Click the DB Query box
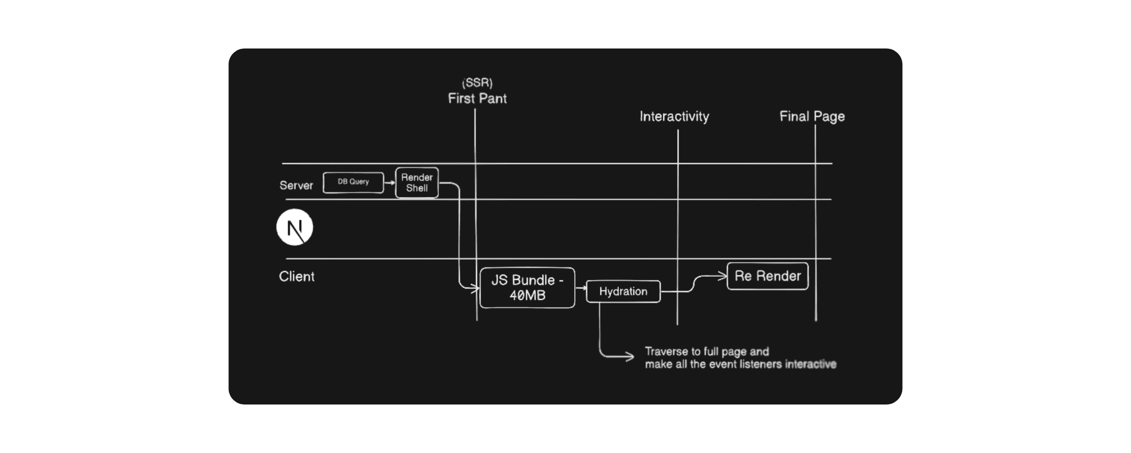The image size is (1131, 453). (353, 182)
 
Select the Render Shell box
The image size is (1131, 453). (417, 183)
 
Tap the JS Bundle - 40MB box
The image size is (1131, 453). (527, 288)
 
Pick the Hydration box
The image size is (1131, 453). (623, 291)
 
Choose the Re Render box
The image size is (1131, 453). (767, 276)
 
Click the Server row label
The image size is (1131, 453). (296, 185)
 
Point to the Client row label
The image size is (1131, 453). (296, 276)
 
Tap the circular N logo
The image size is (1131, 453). (295, 227)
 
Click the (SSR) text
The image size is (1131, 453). (477, 83)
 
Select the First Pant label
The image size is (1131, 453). (477, 98)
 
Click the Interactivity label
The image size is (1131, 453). (674, 116)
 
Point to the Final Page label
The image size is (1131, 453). (812, 116)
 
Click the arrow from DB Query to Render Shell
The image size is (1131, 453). (389, 183)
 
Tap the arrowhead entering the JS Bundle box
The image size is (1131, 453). (475, 288)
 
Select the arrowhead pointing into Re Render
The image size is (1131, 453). (722, 275)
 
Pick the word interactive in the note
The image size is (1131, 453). (811, 364)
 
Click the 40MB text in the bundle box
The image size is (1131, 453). (527, 295)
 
